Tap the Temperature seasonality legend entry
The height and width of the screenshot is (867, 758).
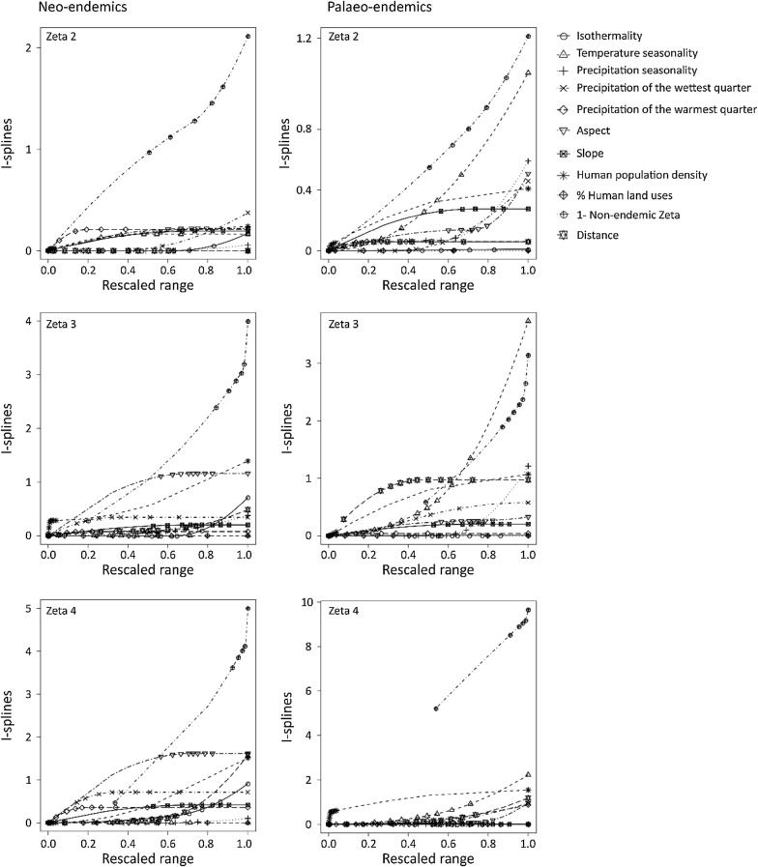coord(639,53)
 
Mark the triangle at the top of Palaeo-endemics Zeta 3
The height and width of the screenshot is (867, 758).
coord(528,321)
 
